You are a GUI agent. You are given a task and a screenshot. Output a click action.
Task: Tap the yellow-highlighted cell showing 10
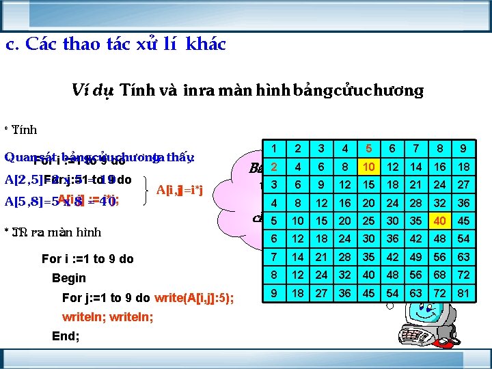pos(368,167)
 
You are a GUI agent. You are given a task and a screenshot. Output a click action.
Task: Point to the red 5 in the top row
pos(368,148)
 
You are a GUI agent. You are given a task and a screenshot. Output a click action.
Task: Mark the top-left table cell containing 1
pos(273,148)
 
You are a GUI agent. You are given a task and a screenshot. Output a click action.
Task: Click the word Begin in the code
pos(69,278)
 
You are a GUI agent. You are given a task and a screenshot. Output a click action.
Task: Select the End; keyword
pos(66,336)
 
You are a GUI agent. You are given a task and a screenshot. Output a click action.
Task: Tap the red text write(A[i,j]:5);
pos(194,298)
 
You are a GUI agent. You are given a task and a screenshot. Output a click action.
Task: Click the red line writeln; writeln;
pos(107,317)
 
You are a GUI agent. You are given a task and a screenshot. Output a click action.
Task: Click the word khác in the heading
pos(204,45)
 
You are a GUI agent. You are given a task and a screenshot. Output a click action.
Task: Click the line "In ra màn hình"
pos(57,232)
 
